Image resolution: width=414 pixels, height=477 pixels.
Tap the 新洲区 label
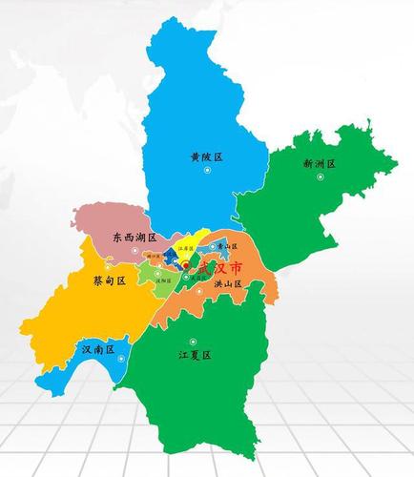coord(320,164)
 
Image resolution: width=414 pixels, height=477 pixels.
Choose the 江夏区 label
coord(194,354)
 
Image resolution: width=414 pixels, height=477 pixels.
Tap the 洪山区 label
coord(226,284)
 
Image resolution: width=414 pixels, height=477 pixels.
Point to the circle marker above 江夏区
coord(194,340)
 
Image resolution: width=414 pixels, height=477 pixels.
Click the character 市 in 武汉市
coord(235,271)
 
